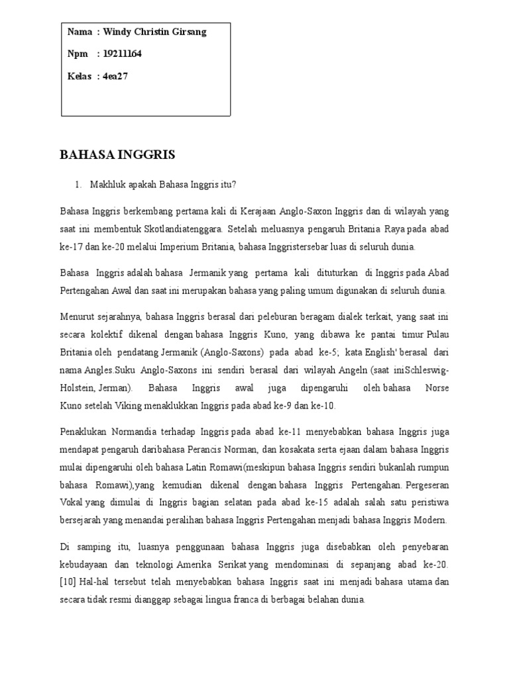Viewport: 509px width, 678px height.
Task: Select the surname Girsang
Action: [x=188, y=32]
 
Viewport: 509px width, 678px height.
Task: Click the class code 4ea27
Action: [x=115, y=76]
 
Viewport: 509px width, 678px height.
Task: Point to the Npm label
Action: [x=78, y=54]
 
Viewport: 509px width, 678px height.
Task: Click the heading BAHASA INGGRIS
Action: [x=117, y=155]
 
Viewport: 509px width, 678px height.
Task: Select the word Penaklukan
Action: [x=84, y=432]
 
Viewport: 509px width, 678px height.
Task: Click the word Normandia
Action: [x=133, y=432]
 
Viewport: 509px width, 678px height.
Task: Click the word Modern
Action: [x=429, y=520]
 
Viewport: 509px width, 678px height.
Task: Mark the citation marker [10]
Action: [x=69, y=582]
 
